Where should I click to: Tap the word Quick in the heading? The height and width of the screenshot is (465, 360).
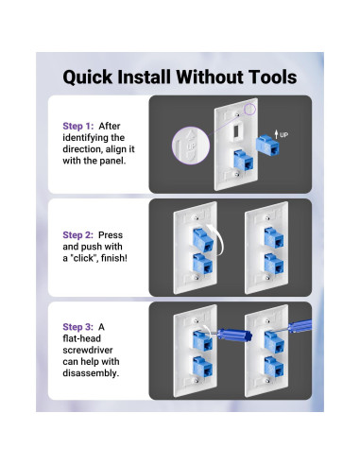point(88,77)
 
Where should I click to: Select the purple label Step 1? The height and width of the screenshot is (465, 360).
point(78,126)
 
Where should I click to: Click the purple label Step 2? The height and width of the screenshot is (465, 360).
point(77,235)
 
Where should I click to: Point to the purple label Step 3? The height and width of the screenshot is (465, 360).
point(77,327)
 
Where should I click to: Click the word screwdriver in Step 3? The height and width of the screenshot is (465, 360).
point(88,350)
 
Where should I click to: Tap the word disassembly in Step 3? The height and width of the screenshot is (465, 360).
point(90,373)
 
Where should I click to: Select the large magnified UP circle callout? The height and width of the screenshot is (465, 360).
point(191,146)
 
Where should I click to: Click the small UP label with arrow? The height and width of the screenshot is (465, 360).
point(281,135)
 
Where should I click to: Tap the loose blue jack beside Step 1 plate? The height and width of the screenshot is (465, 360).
point(267,146)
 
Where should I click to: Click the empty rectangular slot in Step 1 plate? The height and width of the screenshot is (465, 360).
point(236,130)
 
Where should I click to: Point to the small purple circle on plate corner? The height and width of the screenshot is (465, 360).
point(249,109)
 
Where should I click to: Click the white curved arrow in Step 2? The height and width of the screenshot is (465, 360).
point(218,239)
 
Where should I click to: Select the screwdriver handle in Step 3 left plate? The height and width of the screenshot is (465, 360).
point(234,336)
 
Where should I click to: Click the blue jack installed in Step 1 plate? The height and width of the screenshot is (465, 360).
point(243,161)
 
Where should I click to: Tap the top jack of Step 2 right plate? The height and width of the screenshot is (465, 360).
point(273,237)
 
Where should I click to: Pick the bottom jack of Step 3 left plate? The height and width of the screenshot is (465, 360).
point(202,367)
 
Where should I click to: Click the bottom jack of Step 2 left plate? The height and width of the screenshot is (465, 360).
point(202,264)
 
